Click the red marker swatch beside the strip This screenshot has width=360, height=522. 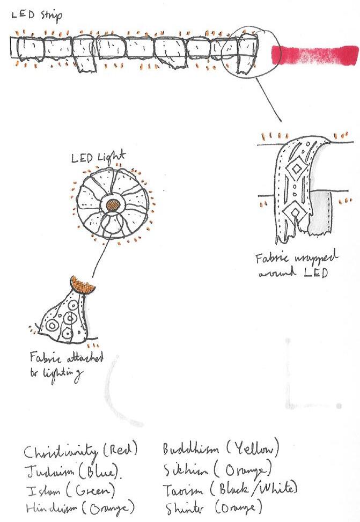click(315, 55)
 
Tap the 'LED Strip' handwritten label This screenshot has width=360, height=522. click(37, 15)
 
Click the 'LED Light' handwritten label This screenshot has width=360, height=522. click(99, 158)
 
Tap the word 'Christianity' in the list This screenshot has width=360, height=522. click(61, 452)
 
